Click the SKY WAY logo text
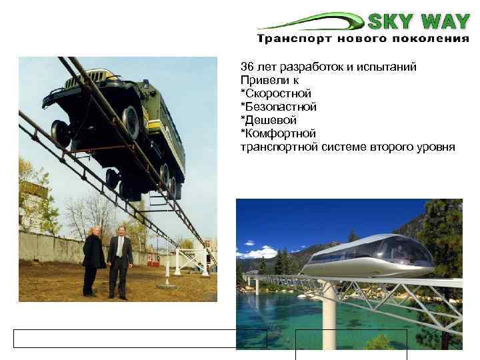pyautogui.click(x=419, y=21)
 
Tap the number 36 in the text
pyautogui.click(x=247, y=67)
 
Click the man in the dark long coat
pyautogui.click(x=93, y=261)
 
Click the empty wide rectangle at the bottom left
pyautogui.click(x=140, y=339)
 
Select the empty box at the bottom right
pyautogui.click(x=351, y=343)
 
